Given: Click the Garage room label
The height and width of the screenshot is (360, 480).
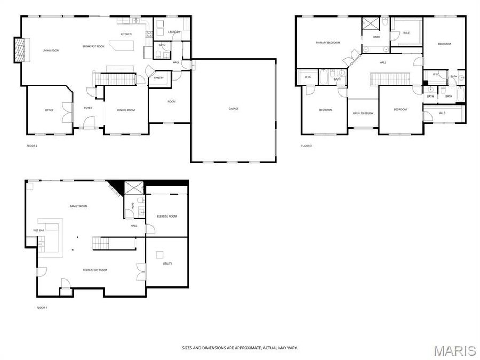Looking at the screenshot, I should point(234,109).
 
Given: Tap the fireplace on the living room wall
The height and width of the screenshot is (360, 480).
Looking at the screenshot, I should point(19,51).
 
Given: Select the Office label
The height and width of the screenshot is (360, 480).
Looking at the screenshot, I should point(49,110).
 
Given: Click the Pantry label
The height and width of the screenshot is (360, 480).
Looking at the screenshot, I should point(158,78).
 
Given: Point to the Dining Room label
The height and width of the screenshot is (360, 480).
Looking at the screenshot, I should point(126,110).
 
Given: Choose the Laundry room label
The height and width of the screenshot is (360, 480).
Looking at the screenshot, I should point(174,32).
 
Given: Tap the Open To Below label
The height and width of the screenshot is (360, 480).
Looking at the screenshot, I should point(363,113).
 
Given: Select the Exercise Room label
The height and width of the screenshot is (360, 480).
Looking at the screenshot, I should point(166,216).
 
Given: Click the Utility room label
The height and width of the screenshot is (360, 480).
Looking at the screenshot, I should point(167,263).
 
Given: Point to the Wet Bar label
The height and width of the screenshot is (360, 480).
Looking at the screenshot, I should point(38,230).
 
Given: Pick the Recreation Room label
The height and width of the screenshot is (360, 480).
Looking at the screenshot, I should point(95,270).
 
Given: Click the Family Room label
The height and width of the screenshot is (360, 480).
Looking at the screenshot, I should point(78,206).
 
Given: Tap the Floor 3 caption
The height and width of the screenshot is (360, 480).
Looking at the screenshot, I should point(307,146).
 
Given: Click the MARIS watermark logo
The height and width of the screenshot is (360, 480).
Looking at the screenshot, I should point(454,350).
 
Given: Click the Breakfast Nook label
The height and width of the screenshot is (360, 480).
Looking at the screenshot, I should point(93,47).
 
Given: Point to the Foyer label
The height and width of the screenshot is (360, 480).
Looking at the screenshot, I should point(88,108).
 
